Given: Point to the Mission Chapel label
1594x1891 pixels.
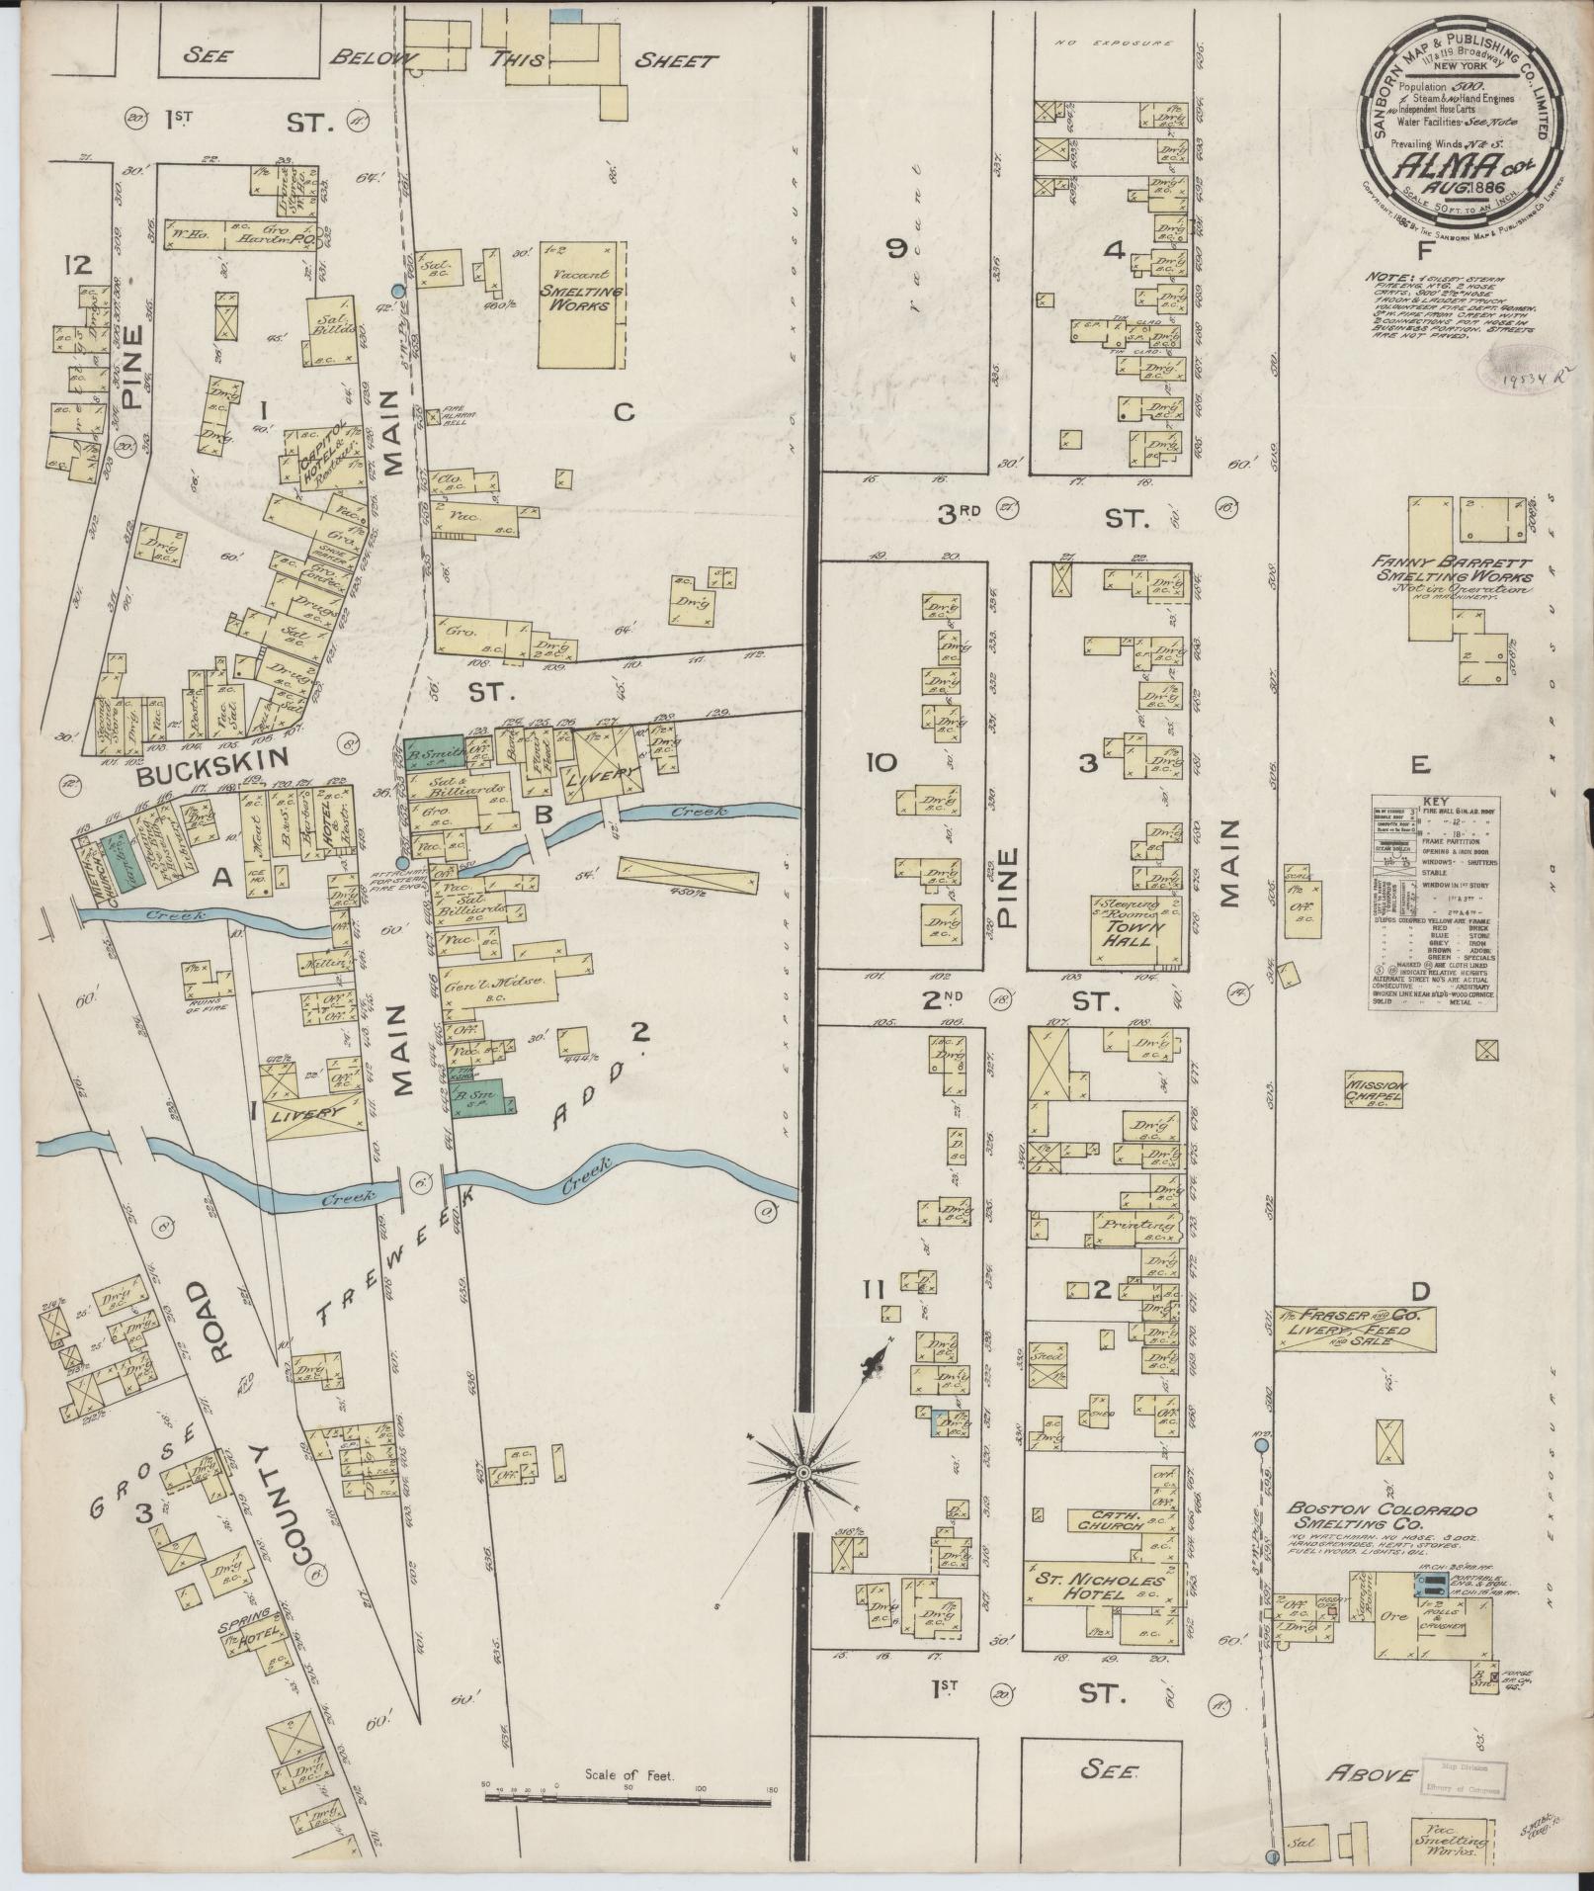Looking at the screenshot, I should pos(1375,1090).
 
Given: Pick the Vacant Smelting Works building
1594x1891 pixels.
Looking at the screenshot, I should pos(581,303).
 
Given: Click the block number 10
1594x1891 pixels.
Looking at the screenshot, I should pos(881,763).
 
